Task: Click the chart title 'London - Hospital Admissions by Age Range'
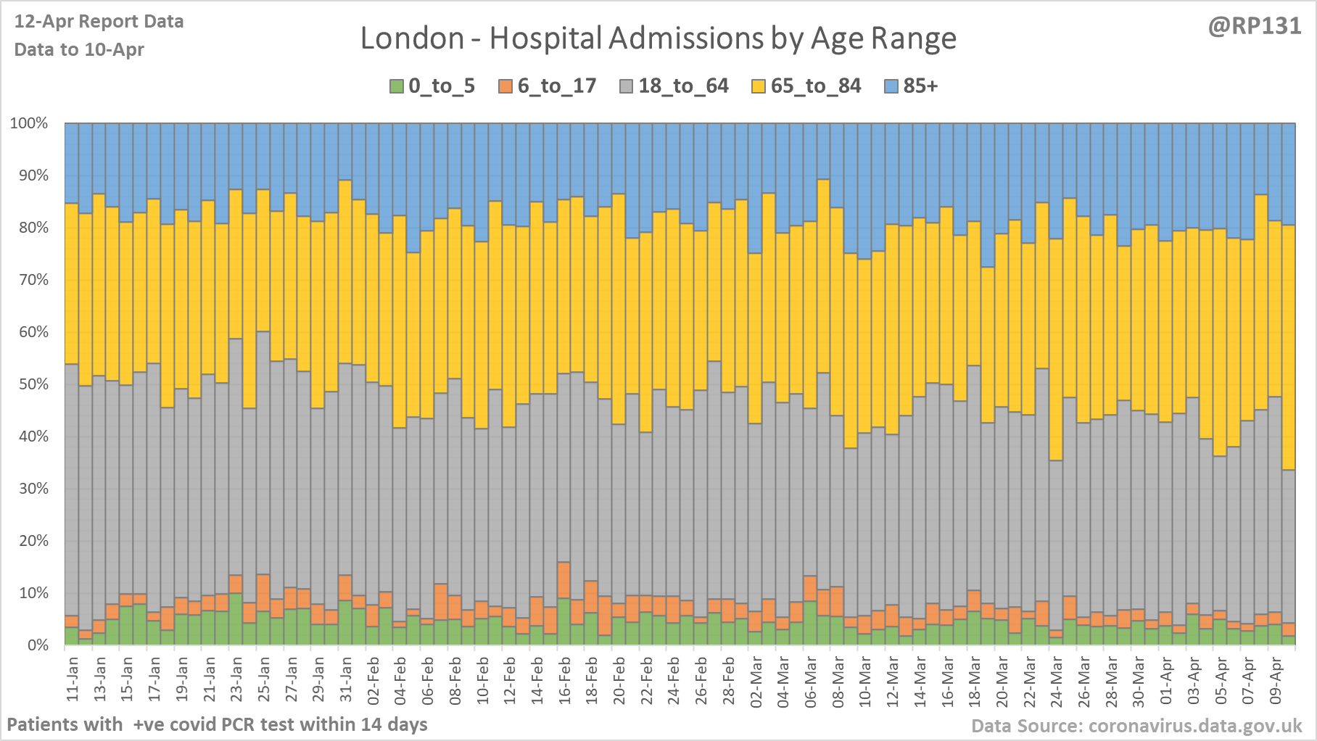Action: [x=658, y=38]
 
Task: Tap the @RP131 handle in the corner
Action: [x=1254, y=26]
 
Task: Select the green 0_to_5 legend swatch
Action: [x=397, y=86]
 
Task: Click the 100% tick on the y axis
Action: [x=29, y=123]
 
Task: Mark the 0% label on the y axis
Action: [x=36, y=645]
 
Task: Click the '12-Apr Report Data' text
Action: [x=99, y=22]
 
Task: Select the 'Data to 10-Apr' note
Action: [x=79, y=49]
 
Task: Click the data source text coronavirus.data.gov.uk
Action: [x=1136, y=726]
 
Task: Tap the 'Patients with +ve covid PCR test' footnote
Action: [x=217, y=724]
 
